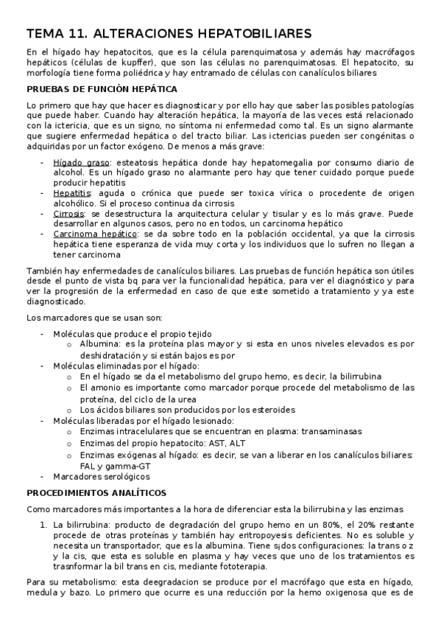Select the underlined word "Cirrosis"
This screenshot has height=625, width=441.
(69, 213)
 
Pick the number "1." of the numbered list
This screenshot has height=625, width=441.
(41, 524)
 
